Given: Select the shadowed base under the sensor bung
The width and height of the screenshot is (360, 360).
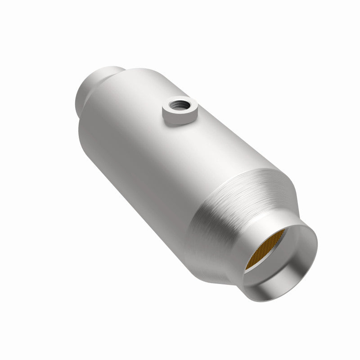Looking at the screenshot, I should click(x=180, y=125).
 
